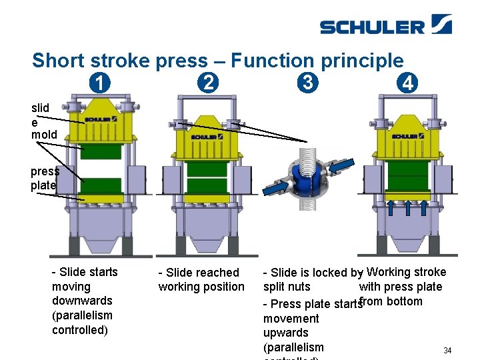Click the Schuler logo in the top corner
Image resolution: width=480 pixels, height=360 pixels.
pos(385,25)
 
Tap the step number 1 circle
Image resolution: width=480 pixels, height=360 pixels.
pos(99,84)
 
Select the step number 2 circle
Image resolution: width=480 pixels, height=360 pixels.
pos(208,84)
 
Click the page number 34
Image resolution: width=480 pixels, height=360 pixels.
pos(447,350)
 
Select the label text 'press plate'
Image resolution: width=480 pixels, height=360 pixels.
pos(44,178)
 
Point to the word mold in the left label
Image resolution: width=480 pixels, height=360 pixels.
pos(44,135)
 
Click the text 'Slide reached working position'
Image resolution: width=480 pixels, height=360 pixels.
pos(201,279)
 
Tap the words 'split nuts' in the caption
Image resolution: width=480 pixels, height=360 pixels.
pos(287,287)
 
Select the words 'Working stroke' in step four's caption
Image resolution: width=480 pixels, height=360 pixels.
pos(406,272)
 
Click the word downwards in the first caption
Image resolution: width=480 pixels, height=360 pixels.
pos(82,301)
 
